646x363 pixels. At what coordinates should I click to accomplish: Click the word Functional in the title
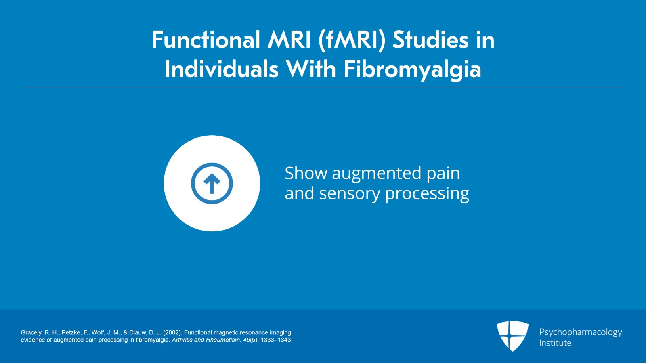point(206,40)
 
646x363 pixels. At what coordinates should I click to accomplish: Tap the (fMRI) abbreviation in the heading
point(352,40)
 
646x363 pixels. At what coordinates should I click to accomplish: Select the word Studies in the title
point(430,40)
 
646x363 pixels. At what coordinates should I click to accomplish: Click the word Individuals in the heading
point(221,69)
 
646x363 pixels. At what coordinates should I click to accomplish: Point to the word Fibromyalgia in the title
point(412,69)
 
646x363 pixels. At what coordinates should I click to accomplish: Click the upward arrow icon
point(212,183)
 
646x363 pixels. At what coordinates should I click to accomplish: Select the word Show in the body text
point(306,173)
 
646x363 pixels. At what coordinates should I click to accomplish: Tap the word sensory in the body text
point(349,194)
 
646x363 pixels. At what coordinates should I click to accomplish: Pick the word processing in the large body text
point(427,194)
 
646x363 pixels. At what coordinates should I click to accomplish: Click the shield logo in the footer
point(512,336)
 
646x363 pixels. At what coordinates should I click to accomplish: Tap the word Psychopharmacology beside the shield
point(581,332)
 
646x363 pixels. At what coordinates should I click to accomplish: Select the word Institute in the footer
point(555,343)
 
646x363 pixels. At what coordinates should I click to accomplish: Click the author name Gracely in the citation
point(31,333)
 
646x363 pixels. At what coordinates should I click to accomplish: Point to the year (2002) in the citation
point(173,333)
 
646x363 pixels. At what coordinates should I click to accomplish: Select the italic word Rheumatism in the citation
point(223,340)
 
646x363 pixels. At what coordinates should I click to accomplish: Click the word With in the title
point(311,69)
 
